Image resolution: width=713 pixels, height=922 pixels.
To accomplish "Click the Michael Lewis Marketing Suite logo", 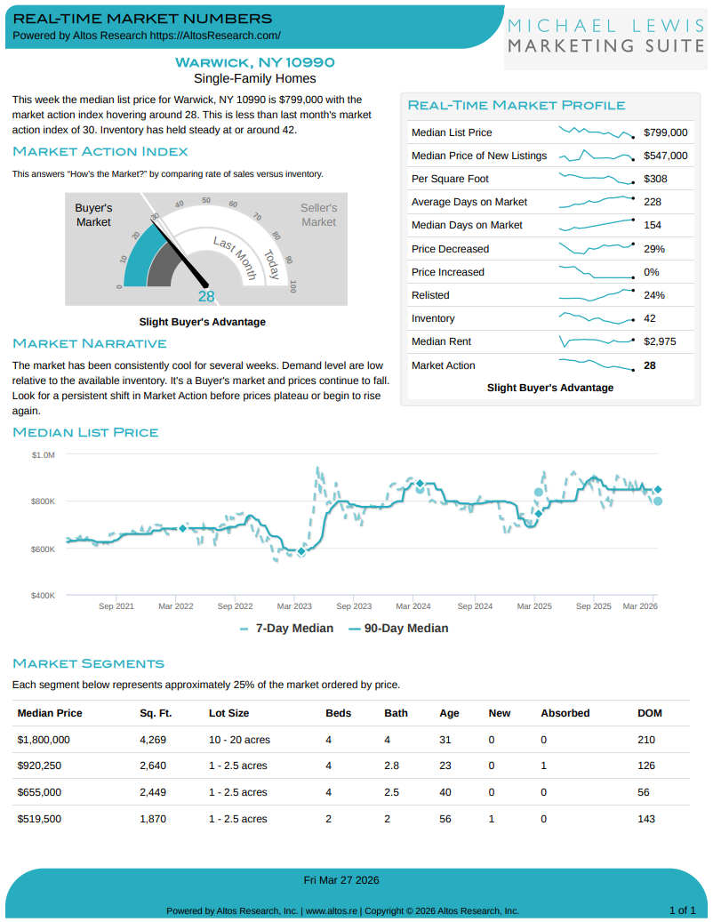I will pos(606,36).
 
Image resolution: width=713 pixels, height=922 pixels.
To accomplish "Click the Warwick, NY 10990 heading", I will pos(255,62).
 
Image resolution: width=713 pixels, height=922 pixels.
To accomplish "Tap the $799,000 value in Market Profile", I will pos(666,132).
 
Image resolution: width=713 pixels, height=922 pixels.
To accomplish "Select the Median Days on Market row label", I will pos(467,225).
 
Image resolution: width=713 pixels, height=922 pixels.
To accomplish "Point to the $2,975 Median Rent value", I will pos(660,341).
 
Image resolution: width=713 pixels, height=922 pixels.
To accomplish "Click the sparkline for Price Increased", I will pos(595,271).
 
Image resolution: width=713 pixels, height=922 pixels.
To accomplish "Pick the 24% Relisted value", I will pos(654,295).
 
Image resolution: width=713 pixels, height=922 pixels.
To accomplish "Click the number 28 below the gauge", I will pos(206,297).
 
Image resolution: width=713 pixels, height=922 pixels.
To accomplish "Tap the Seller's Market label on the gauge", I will pos(318,215).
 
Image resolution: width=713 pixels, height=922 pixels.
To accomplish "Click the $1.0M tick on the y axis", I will pos(44,455).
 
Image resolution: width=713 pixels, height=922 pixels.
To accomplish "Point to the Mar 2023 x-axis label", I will pos(294,606).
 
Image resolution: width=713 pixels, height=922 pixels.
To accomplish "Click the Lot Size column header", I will pos(228,713).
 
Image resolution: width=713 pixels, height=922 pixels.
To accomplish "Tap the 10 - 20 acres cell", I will pos(239,740).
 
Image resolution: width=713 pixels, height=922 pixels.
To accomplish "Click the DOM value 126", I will pos(646,766).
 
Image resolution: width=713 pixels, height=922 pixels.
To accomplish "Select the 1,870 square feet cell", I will pos(153,819).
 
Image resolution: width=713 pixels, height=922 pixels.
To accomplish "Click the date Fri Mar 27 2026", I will pos(341,880).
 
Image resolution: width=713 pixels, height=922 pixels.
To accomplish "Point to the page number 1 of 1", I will pos(682,910).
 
